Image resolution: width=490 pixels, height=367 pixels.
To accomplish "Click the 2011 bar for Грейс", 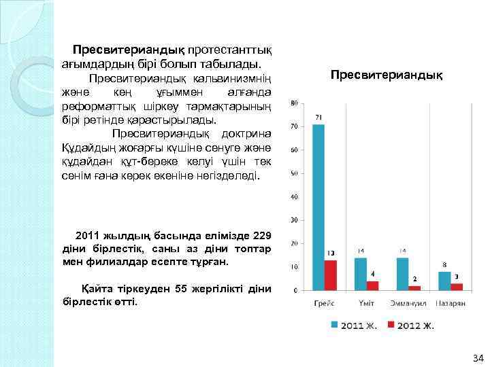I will click(x=318, y=207).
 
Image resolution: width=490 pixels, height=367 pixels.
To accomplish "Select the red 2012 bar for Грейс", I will click(x=331, y=275).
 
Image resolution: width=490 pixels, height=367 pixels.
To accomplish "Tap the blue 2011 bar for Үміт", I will click(x=360, y=274).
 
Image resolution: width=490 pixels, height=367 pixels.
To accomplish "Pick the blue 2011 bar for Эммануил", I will click(x=403, y=274).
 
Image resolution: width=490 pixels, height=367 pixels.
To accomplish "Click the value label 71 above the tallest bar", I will click(x=318, y=118).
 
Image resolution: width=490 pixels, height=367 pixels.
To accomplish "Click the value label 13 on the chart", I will click(x=331, y=254).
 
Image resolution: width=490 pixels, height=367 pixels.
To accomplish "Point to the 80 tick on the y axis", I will click(x=293, y=103).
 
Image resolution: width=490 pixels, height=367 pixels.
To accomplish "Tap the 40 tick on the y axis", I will click(x=293, y=197).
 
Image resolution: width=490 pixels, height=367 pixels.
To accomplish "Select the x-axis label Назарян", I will click(x=451, y=303).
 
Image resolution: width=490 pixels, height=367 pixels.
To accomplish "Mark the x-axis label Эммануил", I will click(x=408, y=303).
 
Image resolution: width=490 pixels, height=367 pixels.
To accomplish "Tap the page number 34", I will click(x=477, y=357).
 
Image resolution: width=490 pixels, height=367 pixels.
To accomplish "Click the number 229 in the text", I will click(x=262, y=236).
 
